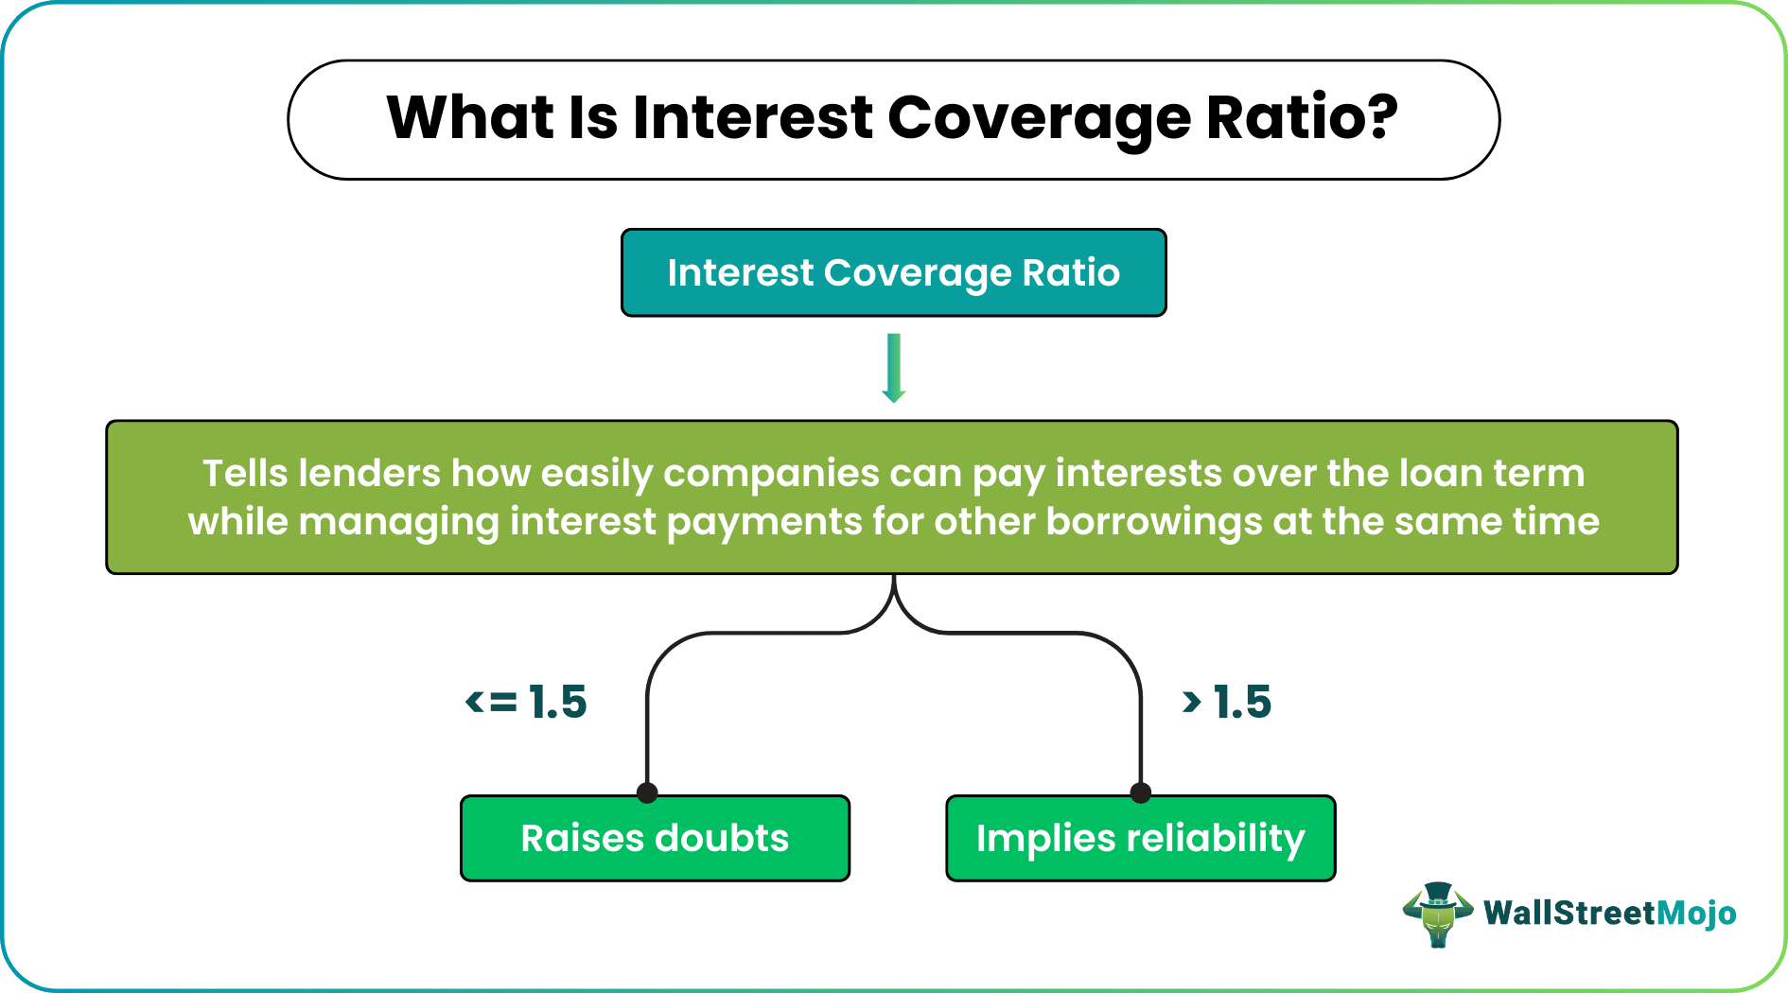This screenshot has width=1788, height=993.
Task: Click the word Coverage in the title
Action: (1038, 120)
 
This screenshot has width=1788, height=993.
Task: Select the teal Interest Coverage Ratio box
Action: (894, 272)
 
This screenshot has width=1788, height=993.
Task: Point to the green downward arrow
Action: (894, 368)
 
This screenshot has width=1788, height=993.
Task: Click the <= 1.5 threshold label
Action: (526, 702)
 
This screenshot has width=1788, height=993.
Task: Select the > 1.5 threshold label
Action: (1227, 702)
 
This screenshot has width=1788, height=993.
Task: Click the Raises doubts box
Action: (655, 839)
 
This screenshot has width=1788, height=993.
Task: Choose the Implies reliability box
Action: (1141, 839)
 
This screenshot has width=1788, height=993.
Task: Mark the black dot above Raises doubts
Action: (647, 793)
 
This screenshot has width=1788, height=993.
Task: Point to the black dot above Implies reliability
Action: (1141, 793)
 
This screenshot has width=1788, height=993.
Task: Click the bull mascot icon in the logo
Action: (1438, 915)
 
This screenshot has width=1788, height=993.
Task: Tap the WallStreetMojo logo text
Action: (1610, 913)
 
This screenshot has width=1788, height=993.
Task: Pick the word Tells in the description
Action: (245, 473)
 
